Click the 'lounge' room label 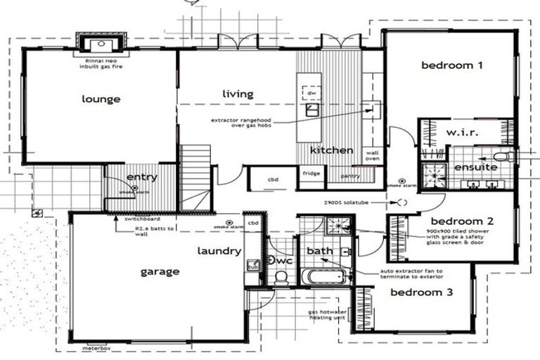point(101,99)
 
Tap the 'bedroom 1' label point(451,66)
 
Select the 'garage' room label point(160,271)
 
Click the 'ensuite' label point(476,167)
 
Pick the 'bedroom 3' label point(421,292)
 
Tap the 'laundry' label point(219,251)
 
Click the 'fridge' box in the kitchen point(311,172)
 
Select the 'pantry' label point(349,176)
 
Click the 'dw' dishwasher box point(312,92)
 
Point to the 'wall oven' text point(372,155)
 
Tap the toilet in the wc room point(281,277)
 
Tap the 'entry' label point(141,177)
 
